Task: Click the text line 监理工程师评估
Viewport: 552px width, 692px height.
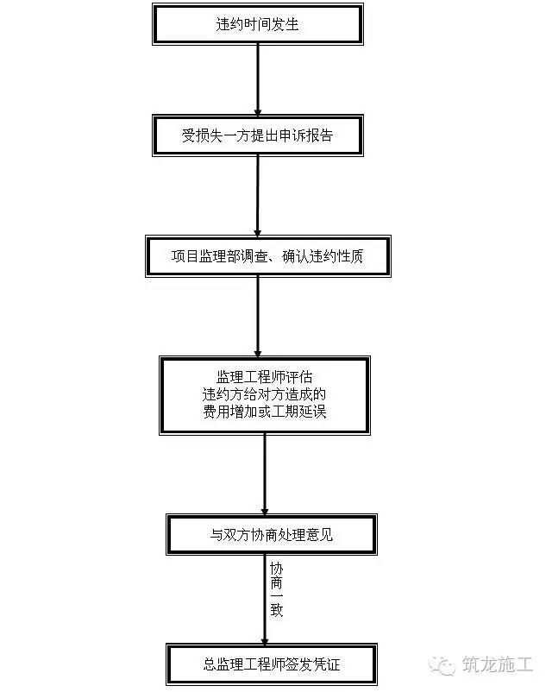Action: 264,377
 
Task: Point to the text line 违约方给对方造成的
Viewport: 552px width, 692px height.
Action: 264,394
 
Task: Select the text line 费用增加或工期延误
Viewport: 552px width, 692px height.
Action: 264,412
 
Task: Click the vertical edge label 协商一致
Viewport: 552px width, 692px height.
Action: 276,589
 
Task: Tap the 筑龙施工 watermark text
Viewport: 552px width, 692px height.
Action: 498,664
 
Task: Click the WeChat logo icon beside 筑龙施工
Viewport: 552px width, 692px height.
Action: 442,665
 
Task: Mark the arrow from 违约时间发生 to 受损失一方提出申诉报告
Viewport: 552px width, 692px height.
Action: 258,80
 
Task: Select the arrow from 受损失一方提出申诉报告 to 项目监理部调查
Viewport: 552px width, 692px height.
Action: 258,196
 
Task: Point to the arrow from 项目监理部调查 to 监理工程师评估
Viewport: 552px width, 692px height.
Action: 258,317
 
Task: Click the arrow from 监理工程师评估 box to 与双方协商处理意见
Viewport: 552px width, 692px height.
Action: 265,475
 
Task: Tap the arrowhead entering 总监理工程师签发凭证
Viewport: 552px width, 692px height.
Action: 265,641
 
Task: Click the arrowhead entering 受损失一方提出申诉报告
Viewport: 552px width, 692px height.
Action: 258,112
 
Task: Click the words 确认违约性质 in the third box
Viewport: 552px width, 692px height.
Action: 323,256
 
